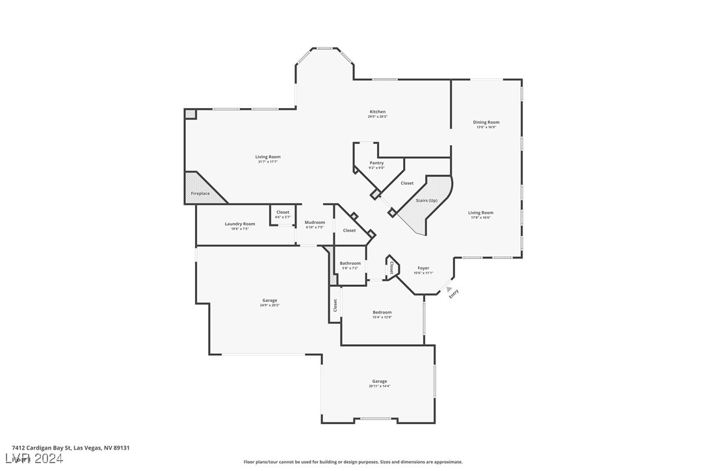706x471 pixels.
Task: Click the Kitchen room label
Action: pos(377,112)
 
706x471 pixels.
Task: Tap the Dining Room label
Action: pos(486,122)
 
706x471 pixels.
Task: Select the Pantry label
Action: pos(376,163)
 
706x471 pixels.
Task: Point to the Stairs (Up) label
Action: pos(426,200)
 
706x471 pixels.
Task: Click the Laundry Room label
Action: pos(240,224)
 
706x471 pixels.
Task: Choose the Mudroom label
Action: pos(315,222)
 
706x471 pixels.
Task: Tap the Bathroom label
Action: pos(350,263)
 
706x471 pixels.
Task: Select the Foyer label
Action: pos(423,268)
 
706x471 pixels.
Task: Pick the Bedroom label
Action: pos(382,312)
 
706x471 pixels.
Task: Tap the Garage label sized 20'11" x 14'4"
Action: pos(379,381)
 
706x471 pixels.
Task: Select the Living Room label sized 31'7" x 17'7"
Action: pos(267,157)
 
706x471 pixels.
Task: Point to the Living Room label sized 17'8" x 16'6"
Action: pos(480,213)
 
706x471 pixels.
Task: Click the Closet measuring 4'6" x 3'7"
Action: pos(283,212)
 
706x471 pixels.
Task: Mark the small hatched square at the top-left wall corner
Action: pos(190,114)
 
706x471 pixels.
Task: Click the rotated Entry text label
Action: pos(454,293)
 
